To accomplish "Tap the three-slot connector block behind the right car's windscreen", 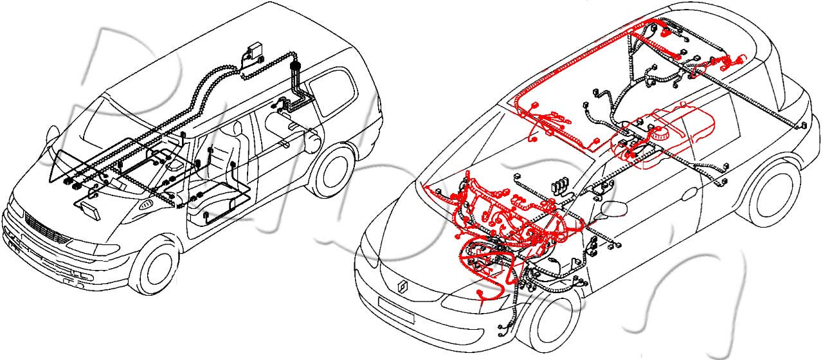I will (x=559, y=184).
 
